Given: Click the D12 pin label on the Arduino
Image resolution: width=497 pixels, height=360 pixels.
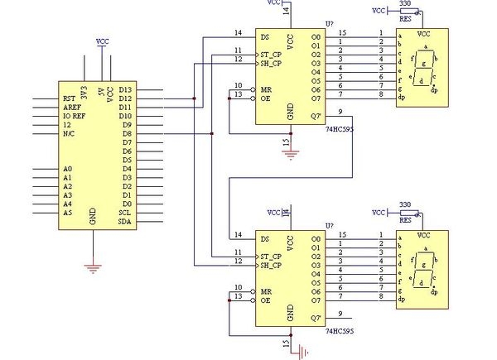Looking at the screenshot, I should (x=126, y=98).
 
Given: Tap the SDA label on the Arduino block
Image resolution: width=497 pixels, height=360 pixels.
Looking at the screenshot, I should (x=125, y=221).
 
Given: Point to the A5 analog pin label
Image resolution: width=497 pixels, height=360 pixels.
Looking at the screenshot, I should (x=67, y=212).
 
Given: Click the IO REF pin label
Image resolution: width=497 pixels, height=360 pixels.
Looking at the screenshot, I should (x=75, y=117).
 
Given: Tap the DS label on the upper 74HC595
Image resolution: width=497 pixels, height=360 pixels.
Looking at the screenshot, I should (x=264, y=37).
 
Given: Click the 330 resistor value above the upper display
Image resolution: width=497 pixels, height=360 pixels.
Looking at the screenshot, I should (x=405, y=3).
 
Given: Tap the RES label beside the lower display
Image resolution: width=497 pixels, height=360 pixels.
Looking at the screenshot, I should (x=406, y=221).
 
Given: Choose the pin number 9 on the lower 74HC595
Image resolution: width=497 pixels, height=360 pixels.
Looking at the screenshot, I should (x=340, y=313).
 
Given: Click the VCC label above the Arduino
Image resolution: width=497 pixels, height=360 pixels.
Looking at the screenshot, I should (x=102, y=40).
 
